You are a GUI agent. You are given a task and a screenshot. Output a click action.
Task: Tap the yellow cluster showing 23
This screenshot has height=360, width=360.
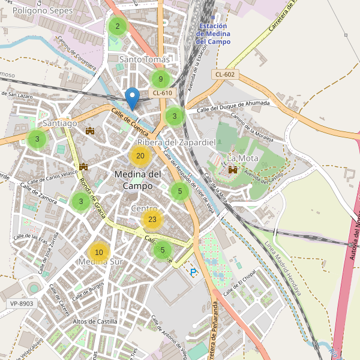152,220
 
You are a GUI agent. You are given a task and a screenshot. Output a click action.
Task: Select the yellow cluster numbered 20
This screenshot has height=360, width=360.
140,156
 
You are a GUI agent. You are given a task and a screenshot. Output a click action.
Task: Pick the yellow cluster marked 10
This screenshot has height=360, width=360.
99,252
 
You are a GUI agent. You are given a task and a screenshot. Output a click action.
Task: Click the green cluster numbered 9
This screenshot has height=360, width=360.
161,79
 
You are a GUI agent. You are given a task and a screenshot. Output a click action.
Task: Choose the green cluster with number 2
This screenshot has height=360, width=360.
118,26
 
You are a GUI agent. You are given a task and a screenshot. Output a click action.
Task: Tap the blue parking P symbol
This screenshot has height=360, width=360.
193,272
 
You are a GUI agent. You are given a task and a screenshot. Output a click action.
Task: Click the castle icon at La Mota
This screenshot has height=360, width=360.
232,170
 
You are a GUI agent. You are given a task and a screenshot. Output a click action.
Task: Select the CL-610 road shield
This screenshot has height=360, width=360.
163,92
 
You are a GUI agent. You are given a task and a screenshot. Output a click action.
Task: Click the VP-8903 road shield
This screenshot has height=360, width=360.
22,304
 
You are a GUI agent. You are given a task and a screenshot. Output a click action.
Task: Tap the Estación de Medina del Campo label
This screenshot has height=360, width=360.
213,34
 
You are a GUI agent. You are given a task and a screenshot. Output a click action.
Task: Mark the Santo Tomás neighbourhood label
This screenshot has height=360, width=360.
145,59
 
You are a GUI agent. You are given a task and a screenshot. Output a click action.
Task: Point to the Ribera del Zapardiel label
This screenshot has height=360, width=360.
176,142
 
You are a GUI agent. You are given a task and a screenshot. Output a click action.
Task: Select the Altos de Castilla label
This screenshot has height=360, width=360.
95,322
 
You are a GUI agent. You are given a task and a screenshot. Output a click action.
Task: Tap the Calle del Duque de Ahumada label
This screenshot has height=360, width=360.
233,106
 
